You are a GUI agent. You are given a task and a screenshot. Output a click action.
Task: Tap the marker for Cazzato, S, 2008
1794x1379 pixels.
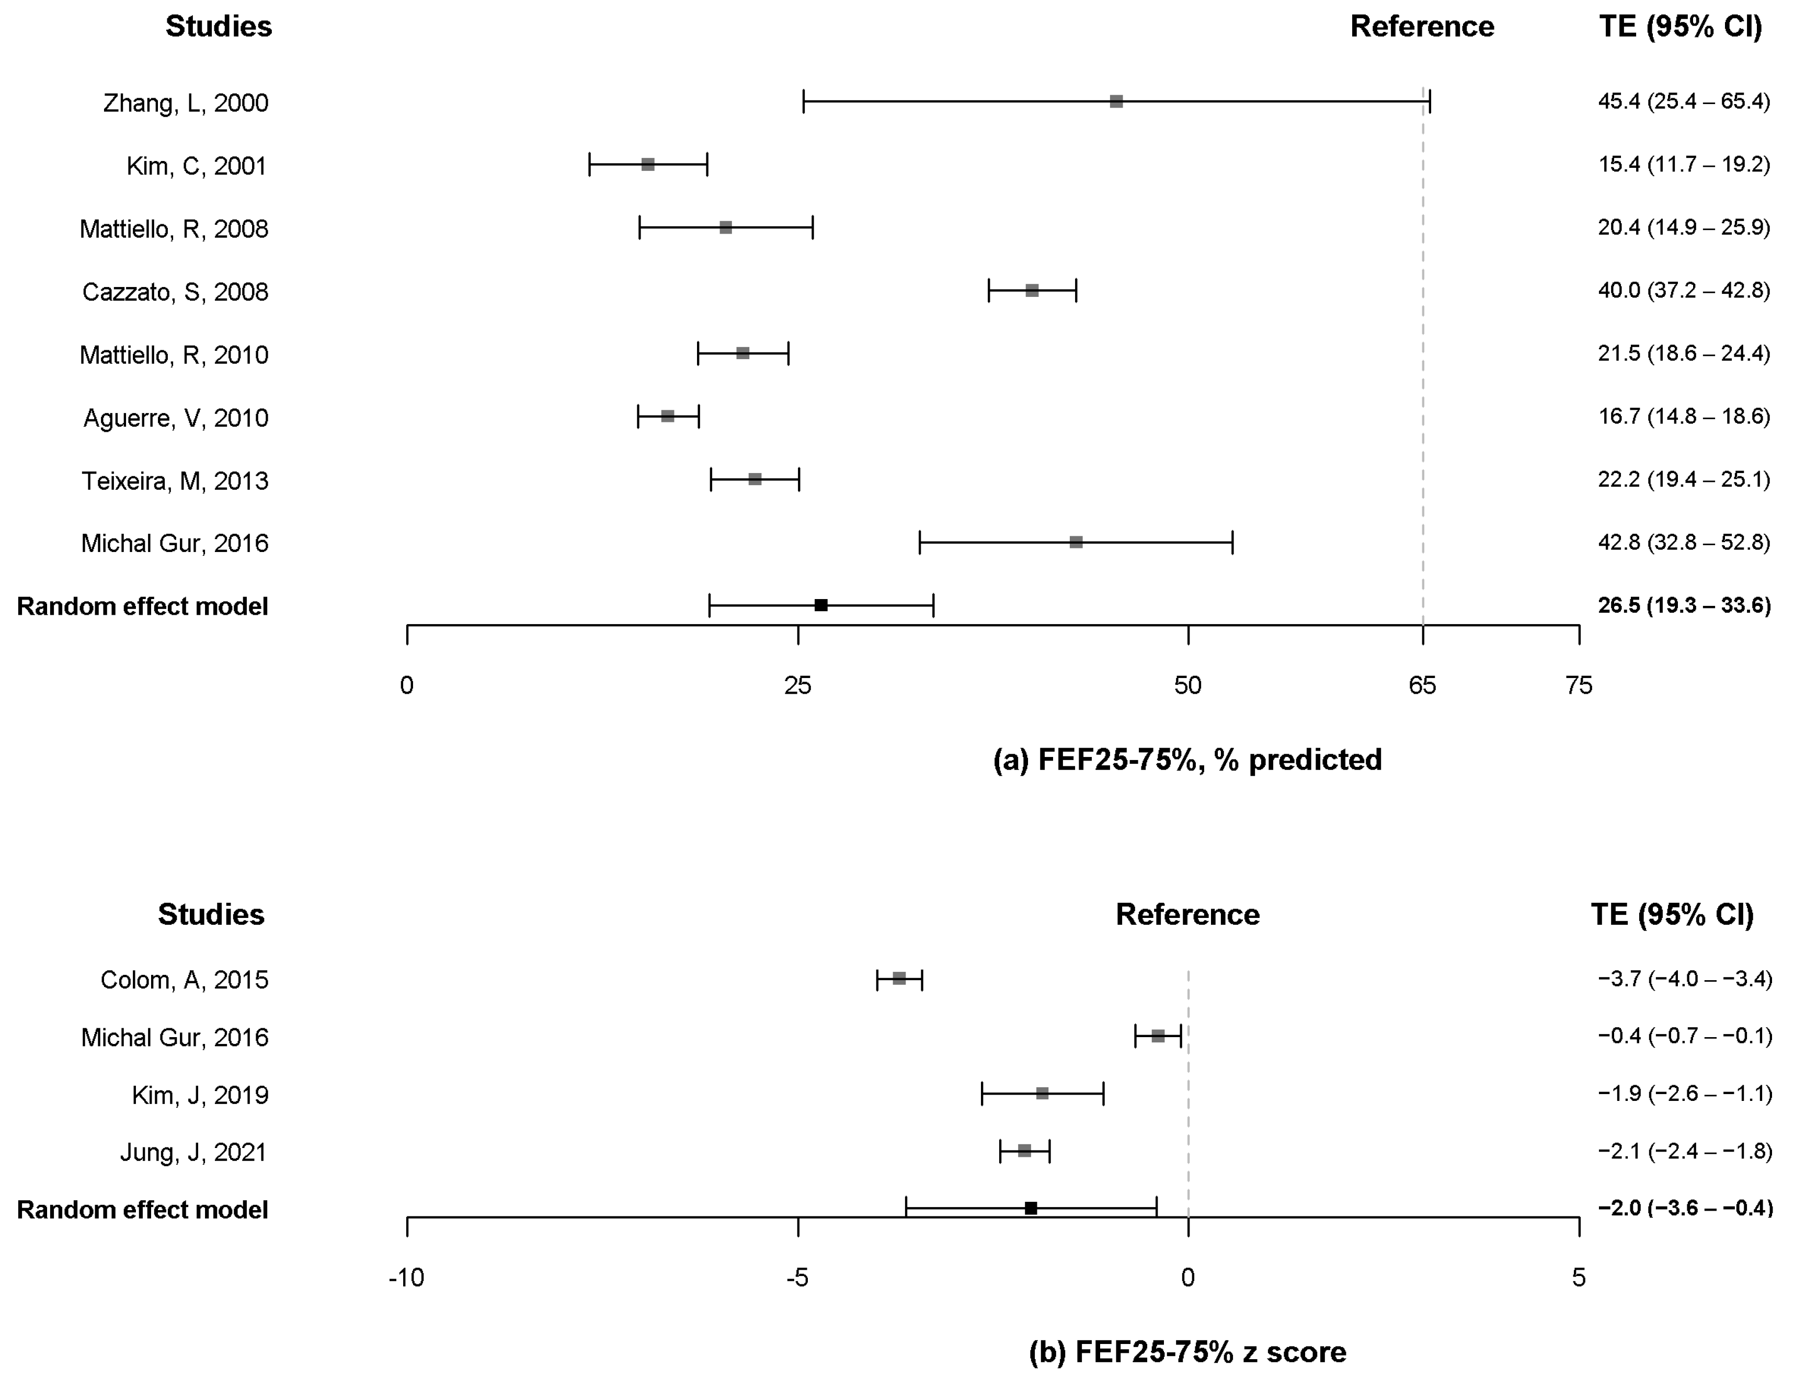pyautogui.click(x=1032, y=291)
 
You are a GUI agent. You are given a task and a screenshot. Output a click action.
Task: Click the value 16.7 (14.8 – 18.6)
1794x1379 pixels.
pyautogui.click(x=1683, y=416)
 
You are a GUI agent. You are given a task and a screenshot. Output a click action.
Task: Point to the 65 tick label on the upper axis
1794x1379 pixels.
pyautogui.click(x=1422, y=685)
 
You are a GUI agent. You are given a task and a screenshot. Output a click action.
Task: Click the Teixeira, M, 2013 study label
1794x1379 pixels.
pyautogui.click(x=174, y=480)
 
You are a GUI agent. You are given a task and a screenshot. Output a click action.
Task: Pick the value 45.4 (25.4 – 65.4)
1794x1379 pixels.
pyautogui.click(x=1683, y=102)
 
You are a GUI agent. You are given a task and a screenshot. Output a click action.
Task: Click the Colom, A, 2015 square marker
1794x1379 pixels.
pyautogui.click(x=899, y=979)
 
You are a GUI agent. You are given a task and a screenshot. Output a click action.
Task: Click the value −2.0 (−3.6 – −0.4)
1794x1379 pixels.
pyautogui.click(x=1685, y=1208)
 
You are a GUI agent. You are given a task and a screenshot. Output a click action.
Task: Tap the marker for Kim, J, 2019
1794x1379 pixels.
pyautogui.click(x=1042, y=1094)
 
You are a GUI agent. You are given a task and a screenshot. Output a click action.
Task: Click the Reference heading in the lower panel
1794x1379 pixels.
pyautogui.click(x=1187, y=914)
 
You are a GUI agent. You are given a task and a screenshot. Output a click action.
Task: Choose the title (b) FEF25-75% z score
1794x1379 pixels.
pyautogui.click(x=1187, y=1351)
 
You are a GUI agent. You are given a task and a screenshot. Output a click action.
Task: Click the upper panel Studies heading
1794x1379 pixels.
pyautogui.click(x=219, y=26)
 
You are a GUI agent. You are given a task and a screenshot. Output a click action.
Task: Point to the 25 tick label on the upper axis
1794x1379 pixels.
pyautogui.click(x=797, y=685)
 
